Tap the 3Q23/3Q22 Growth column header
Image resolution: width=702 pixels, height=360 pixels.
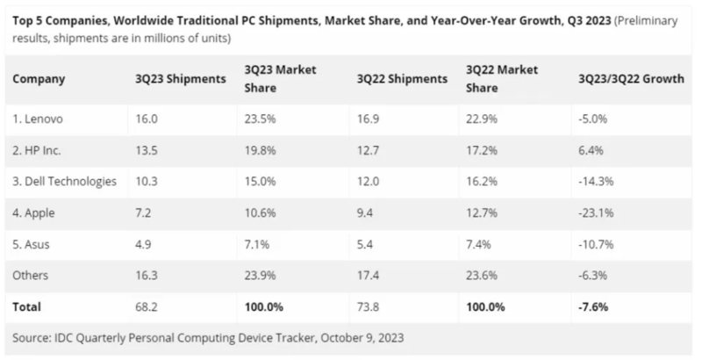627,78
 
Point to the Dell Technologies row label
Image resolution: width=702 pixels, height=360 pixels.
65,182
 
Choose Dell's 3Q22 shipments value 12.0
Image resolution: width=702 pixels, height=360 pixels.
369,182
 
